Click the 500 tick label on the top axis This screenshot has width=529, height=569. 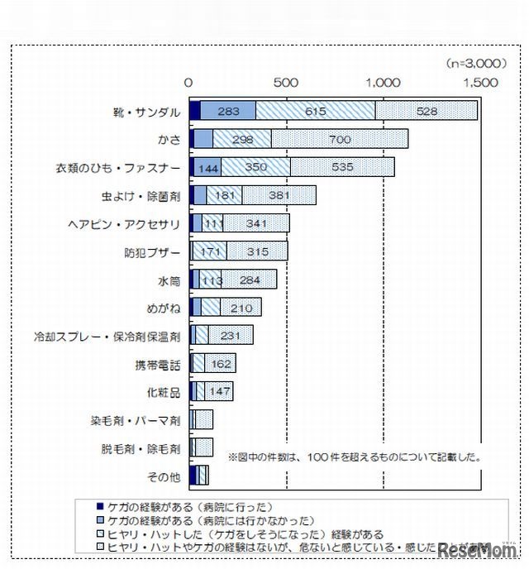pos(286,83)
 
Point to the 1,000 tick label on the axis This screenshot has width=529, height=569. pos(384,83)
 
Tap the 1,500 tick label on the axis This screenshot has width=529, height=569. pos(480,83)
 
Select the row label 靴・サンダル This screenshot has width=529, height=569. pos(145,111)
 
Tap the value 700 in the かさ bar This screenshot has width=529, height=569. pos(340,140)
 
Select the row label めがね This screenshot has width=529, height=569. pos(163,308)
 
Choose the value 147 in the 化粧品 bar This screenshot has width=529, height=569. pos(219,393)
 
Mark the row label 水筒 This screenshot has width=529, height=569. pos(169,280)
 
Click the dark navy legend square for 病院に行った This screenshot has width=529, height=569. pos(100,504)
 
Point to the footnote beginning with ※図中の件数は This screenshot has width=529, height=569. pos(355,456)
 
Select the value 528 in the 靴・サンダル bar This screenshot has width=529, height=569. pos(427,112)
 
